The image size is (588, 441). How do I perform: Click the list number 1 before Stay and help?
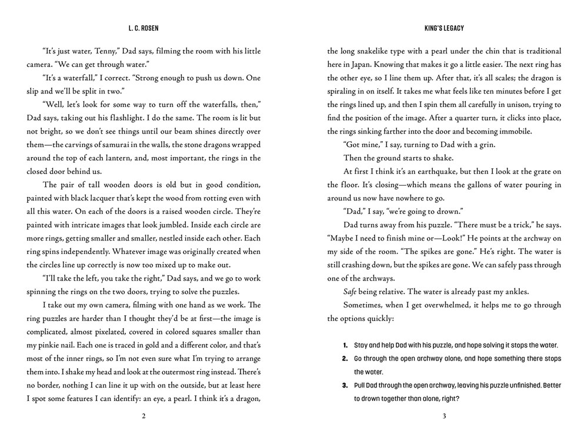click(x=345, y=345)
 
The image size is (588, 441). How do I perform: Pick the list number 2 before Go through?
click(x=345, y=358)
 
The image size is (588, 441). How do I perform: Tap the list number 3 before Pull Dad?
click(x=345, y=385)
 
